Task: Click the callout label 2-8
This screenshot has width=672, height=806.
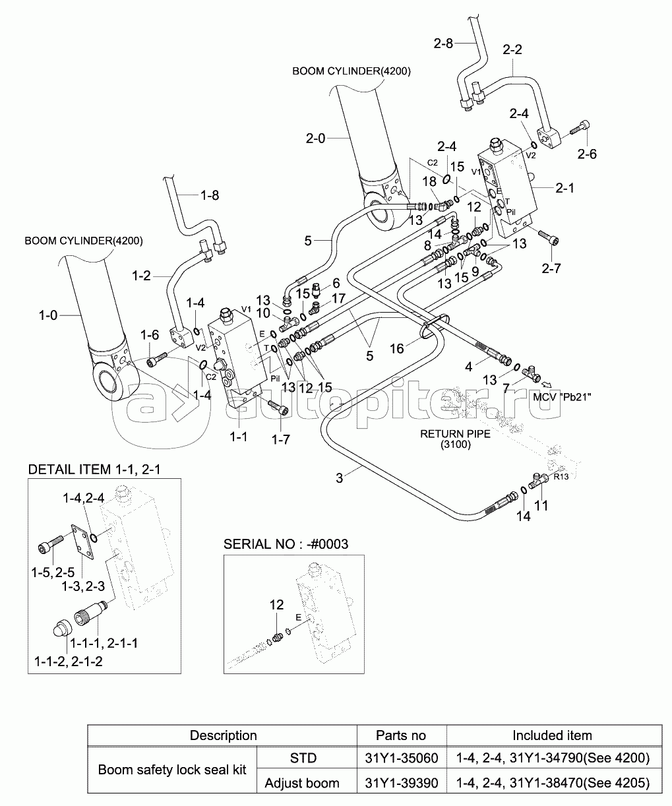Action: (443, 44)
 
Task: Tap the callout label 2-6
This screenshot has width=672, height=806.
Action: (586, 154)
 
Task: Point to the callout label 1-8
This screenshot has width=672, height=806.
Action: (209, 196)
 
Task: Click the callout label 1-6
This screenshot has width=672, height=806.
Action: (150, 336)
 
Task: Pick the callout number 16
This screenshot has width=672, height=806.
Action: (396, 349)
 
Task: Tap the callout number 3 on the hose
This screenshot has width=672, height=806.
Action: (340, 478)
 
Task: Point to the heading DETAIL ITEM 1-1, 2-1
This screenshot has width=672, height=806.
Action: (94, 470)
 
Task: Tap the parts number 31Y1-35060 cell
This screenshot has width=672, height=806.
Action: (401, 759)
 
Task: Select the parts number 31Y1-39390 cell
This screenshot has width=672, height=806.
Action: (401, 783)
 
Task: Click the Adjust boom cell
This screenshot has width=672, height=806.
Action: (302, 783)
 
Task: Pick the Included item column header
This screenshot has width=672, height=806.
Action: (552, 735)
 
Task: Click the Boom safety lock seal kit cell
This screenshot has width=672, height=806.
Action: (171, 770)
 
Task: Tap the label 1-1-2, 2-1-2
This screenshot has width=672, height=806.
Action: (68, 660)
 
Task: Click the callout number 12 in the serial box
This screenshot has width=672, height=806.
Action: (276, 604)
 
